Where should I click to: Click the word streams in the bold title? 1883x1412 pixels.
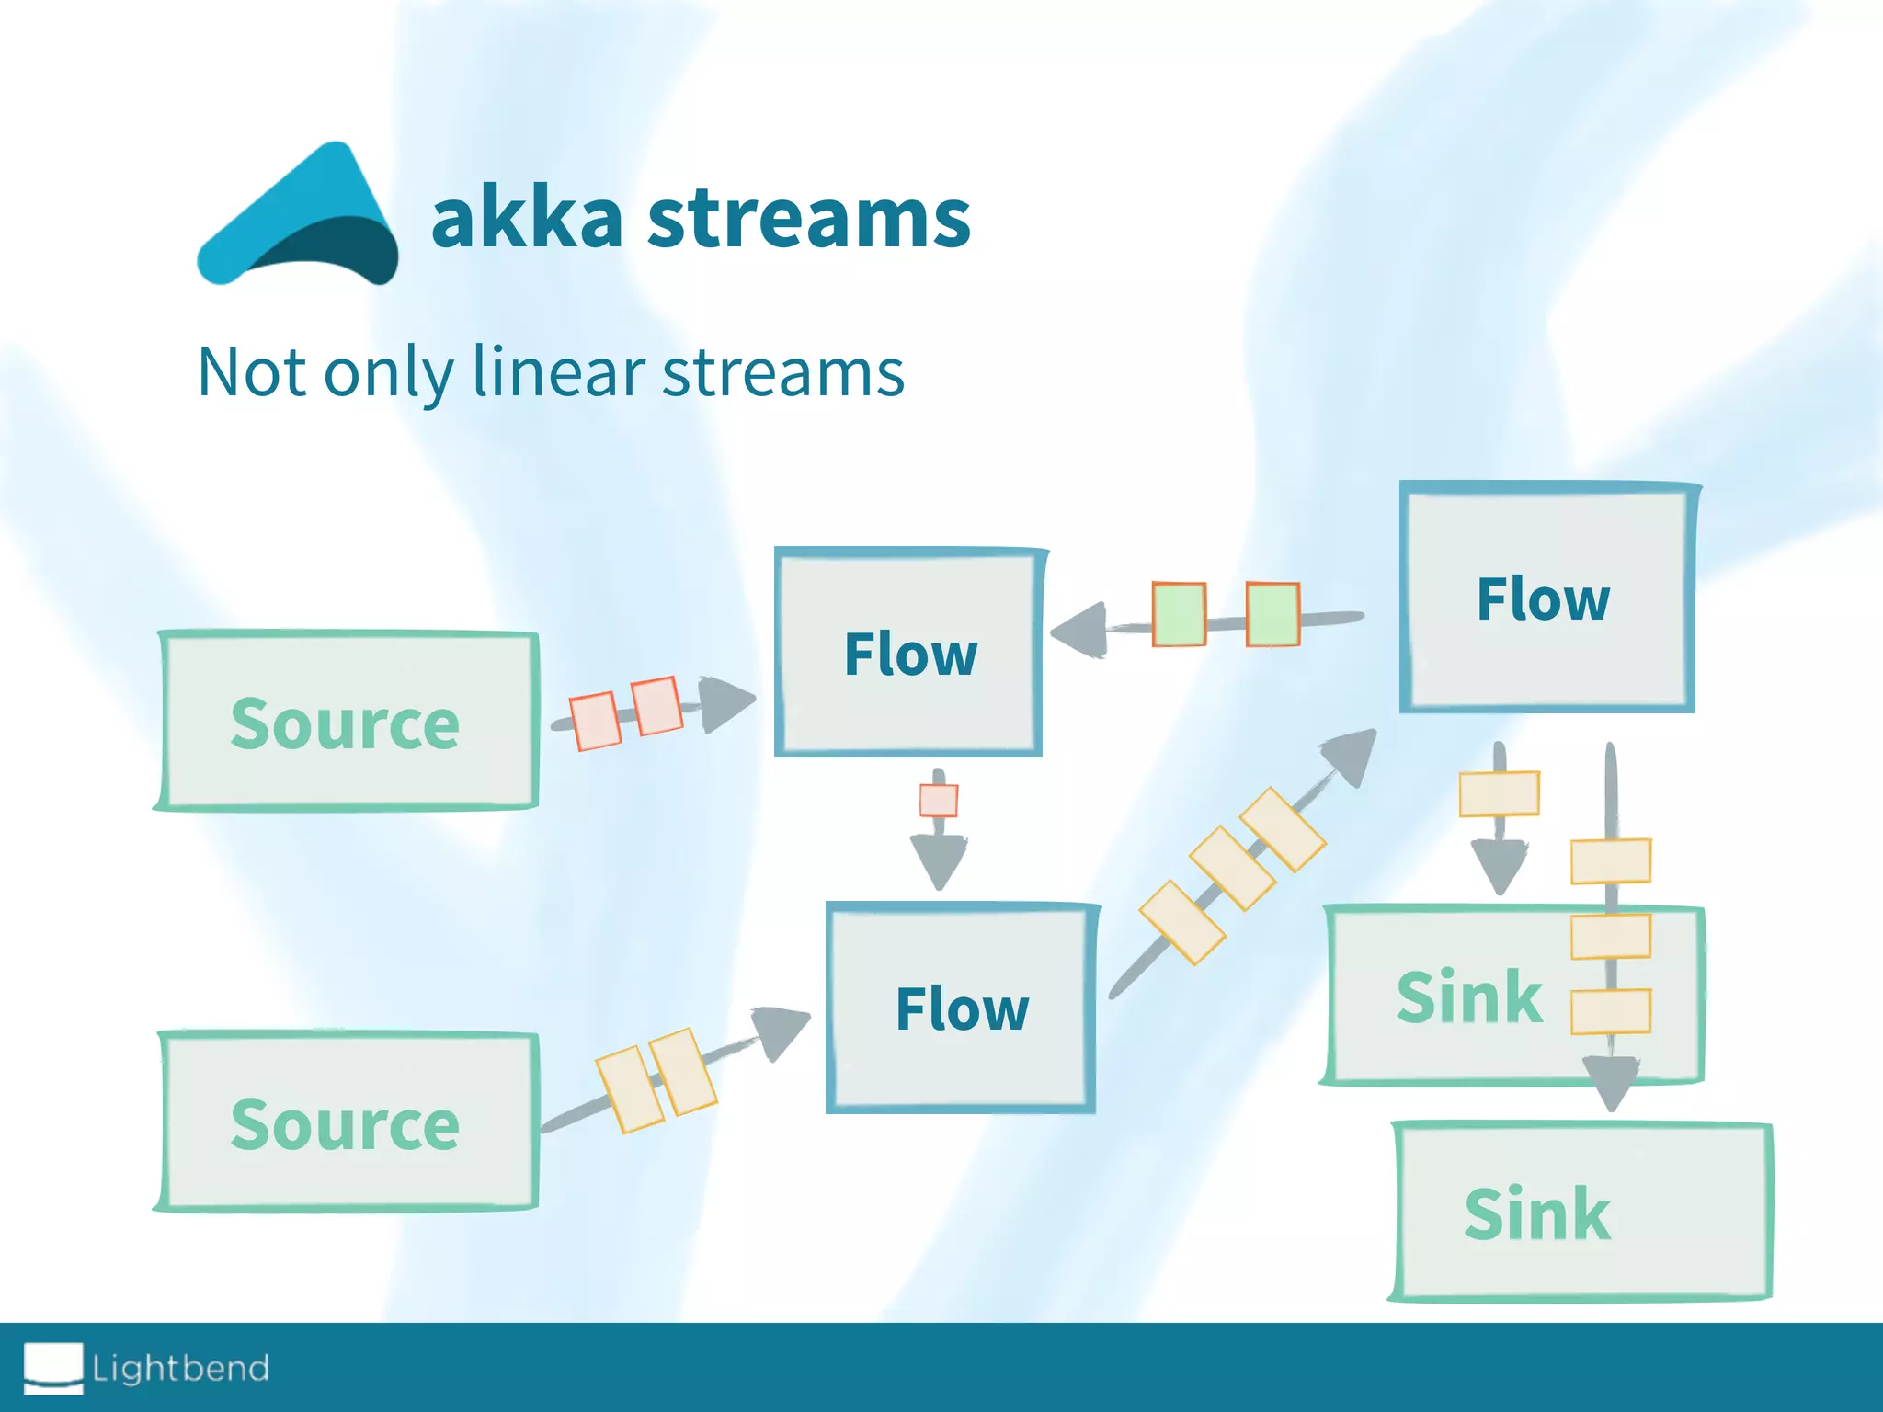[x=809, y=219]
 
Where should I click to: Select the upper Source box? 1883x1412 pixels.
[x=346, y=722]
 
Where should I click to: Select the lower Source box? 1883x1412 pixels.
[x=346, y=1122]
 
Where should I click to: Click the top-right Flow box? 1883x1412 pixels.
[x=1545, y=598]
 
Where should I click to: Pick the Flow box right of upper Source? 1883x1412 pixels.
[x=909, y=654]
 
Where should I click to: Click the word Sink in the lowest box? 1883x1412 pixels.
[x=1537, y=1213]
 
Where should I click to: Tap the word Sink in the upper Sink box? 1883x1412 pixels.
[x=1468, y=996]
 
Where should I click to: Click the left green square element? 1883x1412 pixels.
[x=1179, y=614]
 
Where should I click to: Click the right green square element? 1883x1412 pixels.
[x=1272, y=614]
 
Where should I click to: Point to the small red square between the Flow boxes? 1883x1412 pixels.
[x=939, y=800]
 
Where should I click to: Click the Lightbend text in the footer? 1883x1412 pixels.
[x=181, y=1368]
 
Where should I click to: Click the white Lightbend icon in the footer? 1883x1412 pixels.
[x=53, y=1367]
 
